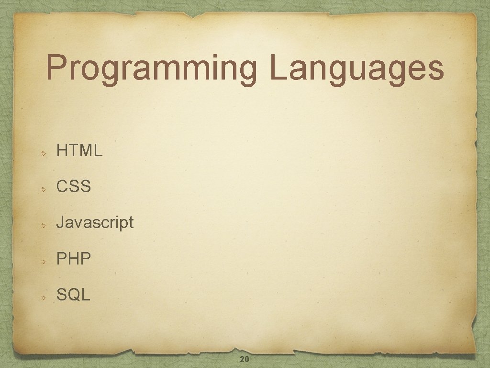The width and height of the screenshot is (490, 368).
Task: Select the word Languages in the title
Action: pyautogui.click(x=359, y=68)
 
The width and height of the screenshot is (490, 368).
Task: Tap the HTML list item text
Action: pyautogui.click(x=79, y=151)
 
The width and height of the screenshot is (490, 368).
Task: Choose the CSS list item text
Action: pyautogui.click(x=73, y=186)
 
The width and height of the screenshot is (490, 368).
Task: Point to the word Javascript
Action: pyautogui.click(x=95, y=222)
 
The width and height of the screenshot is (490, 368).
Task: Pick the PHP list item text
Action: pyautogui.click(x=73, y=259)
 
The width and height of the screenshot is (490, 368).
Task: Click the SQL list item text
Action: pyautogui.click(x=73, y=295)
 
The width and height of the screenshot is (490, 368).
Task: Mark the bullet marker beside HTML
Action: pyautogui.click(x=43, y=154)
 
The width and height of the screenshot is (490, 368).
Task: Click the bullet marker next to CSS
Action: pyautogui.click(x=43, y=190)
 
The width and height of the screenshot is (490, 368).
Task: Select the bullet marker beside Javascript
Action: pyautogui.click(x=43, y=226)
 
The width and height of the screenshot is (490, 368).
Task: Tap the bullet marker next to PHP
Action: pyautogui.click(x=43, y=262)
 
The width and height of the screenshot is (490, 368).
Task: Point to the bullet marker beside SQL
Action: pyautogui.click(x=43, y=298)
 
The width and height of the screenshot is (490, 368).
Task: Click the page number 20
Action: pyautogui.click(x=244, y=359)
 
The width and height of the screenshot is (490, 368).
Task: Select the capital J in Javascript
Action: pyautogui.click(x=60, y=222)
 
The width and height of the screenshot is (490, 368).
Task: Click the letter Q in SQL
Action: pyautogui.click(x=75, y=295)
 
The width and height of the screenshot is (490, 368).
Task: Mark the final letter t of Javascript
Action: pyautogui.click(x=131, y=222)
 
